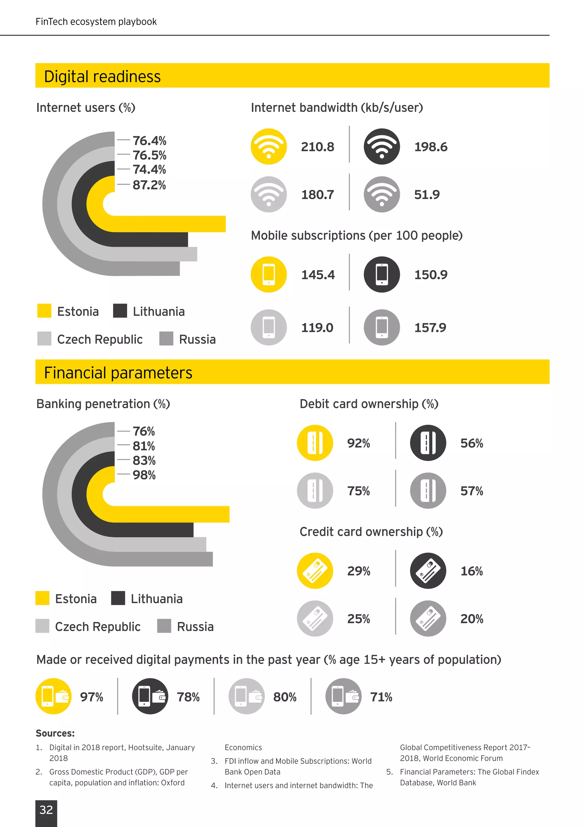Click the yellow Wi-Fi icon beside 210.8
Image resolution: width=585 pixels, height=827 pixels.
[269, 146]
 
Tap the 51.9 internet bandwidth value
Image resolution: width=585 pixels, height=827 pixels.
[427, 195]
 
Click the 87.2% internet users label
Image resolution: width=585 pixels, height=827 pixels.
[149, 185]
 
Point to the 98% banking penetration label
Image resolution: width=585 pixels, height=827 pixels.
[144, 475]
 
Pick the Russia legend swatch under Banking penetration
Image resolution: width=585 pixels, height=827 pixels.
[164, 626]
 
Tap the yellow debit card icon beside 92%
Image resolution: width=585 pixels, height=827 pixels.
[315, 443]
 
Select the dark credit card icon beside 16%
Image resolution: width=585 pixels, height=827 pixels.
[428, 571]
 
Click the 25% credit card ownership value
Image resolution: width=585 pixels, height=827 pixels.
[358, 619]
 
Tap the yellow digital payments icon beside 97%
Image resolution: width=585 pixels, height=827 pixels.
[53, 696]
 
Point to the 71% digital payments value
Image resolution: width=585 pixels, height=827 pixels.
[381, 697]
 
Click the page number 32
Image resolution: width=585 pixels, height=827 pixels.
[46, 810]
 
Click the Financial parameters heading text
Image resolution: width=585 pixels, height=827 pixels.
[118, 373]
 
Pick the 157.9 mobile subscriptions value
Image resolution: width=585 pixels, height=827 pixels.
[430, 328]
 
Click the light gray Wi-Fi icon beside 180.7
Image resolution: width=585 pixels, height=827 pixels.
[269, 194]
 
